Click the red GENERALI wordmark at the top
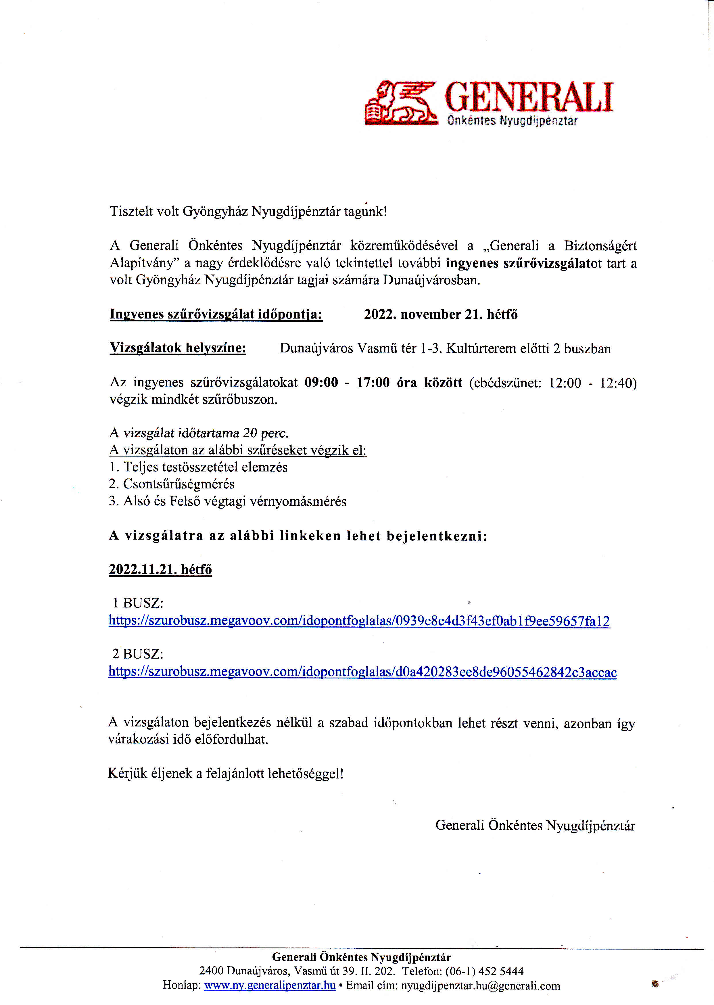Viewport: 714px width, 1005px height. point(529,97)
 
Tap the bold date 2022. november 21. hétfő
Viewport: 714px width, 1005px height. point(441,315)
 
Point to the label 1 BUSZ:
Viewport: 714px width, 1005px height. point(138,603)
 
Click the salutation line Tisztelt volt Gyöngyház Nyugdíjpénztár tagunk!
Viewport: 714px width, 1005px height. point(248,212)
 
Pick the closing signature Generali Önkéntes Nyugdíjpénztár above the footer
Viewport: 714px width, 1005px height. point(535,825)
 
